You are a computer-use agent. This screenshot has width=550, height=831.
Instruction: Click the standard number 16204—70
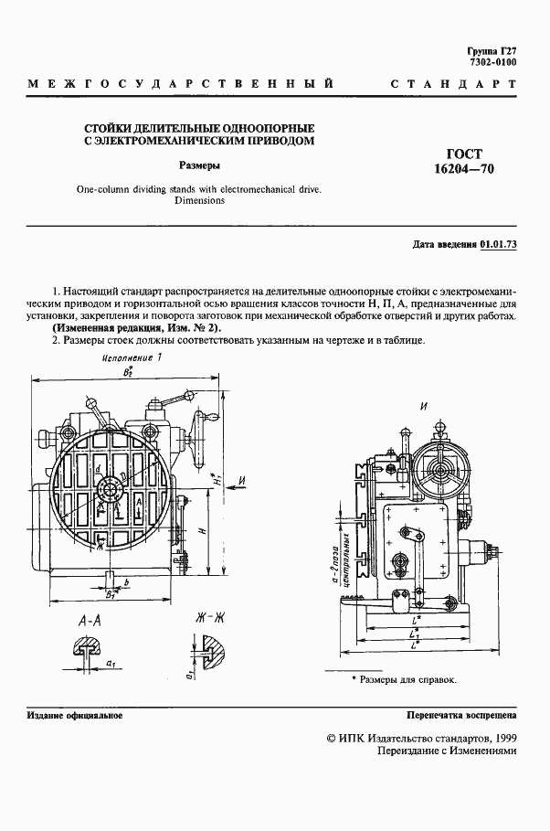pyautogui.click(x=463, y=170)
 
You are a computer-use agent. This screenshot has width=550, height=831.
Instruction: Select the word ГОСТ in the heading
pyautogui.click(x=463, y=154)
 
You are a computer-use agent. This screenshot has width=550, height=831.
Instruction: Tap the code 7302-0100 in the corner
pyautogui.click(x=492, y=62)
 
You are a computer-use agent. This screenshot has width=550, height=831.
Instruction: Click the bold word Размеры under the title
pyautogui.click(x=198, y=166)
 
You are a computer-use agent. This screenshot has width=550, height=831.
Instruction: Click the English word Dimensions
pyautogui.click(x=199, y=199)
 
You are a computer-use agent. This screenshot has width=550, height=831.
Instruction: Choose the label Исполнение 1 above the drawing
pyautogui.click(x=128, y=359)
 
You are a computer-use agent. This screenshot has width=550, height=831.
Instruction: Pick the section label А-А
pyautogui.click(x=90, y=621)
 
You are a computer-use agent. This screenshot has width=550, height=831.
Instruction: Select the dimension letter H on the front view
pyautogui.click(x=202, y=528)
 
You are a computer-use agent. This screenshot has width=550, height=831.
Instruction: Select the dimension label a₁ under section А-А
pyautogui.click(x=110, y=660)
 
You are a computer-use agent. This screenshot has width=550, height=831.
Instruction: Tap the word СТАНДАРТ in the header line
pyautogui.click(x=454, y=85)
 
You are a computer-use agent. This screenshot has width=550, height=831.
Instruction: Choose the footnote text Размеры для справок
pyautogui.click(x=407, y=680)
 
